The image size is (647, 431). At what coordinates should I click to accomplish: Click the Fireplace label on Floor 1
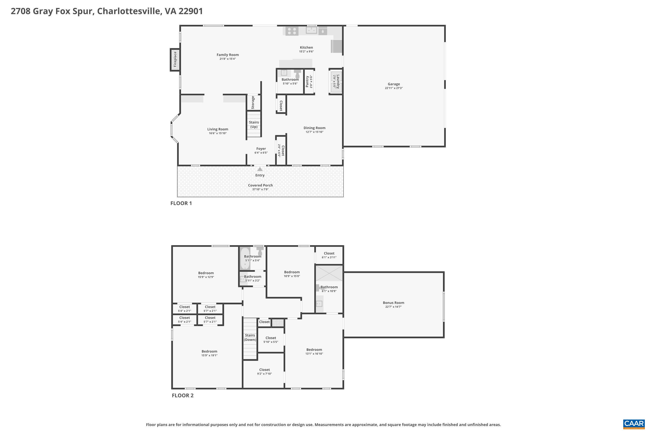(175, 59)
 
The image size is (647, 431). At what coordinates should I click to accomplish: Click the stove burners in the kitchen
(292, 31)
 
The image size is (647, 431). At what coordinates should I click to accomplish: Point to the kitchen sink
(311, 30)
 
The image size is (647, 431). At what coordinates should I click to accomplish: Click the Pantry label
(307, 82)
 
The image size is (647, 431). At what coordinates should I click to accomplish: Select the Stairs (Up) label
(254, 124)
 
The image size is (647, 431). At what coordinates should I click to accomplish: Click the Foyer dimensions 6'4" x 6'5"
(261, 153)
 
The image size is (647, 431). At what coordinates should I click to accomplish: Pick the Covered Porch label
(260, 185)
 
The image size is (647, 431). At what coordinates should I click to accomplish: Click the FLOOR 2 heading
(183, 395)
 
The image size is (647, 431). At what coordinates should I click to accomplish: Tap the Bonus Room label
(393, 303)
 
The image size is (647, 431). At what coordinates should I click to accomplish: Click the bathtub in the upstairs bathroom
(245, 258)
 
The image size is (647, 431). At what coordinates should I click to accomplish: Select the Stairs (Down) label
(250, 337)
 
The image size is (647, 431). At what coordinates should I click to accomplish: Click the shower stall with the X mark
(329, 273)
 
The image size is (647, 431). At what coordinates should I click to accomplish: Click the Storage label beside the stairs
(253, 102)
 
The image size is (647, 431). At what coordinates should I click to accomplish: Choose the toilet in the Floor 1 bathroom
(297, 74)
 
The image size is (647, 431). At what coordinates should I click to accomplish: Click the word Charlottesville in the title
(129, 11)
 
